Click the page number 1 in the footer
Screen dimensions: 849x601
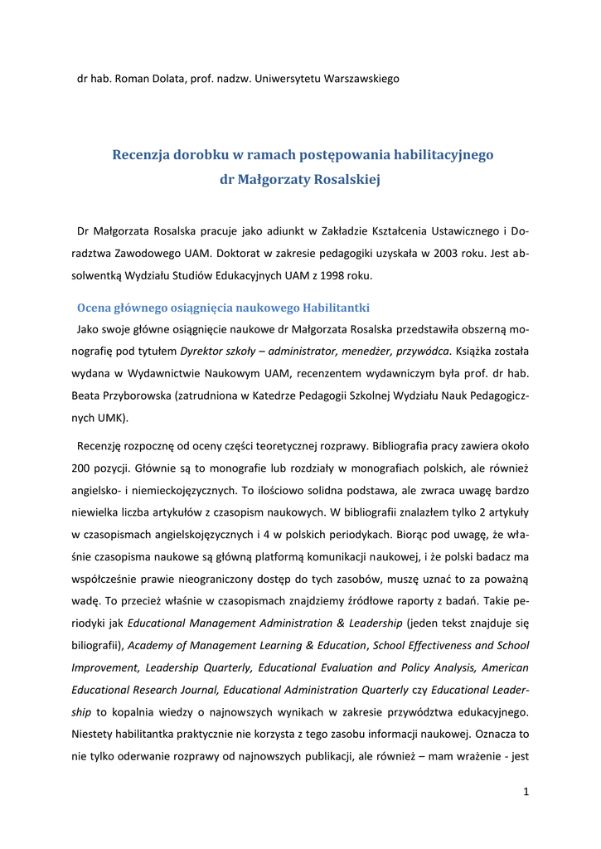click(526, 791)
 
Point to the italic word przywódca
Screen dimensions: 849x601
click(419, 351)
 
